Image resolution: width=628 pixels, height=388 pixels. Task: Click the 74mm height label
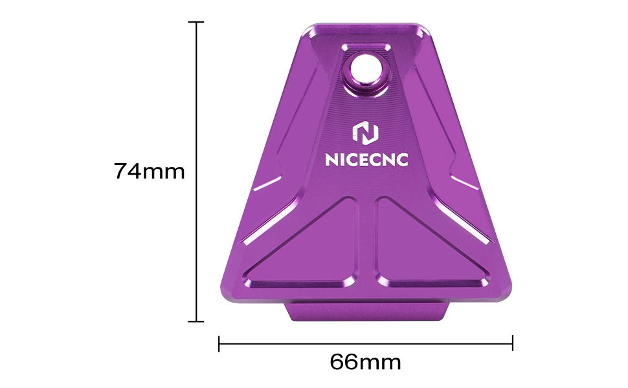pyautogui.click(x=150, y=171)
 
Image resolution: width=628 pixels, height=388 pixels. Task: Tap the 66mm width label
pyautogui.click(x=365, y=361)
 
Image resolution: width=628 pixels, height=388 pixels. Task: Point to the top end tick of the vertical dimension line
pyautogui.click(x=196, y=22)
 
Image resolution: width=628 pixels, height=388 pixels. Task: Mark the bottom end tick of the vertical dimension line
pyautogui.click(x=196, y=321)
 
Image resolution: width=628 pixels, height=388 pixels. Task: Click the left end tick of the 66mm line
pyautogui.click(x=219, y=343)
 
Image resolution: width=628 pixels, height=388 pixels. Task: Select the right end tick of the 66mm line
pyautogui.click(x=513, y=343)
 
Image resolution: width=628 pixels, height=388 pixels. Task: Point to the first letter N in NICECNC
pyautogui.click(x=330, y=160)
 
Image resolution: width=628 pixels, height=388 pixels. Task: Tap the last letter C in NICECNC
pyautogui.click(x=402, y=160)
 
